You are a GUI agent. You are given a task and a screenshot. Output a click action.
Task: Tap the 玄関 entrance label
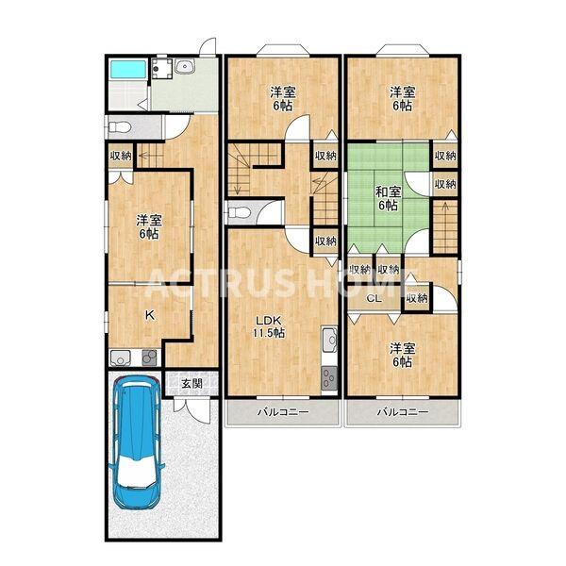191,384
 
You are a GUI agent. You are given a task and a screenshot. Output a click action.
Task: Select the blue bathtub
127,69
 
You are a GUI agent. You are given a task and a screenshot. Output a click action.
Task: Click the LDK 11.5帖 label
268,326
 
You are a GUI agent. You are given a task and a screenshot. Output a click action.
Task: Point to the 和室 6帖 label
388,198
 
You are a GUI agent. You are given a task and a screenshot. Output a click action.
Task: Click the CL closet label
375,299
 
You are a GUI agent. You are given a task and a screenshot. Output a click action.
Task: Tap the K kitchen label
150,315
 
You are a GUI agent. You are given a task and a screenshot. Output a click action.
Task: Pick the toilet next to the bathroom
119,127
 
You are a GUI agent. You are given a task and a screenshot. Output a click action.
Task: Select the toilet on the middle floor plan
239,212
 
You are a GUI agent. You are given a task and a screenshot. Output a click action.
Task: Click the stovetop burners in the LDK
329,378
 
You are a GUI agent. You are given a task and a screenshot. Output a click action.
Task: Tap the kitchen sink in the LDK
329,340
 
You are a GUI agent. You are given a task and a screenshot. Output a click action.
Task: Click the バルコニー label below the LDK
283,411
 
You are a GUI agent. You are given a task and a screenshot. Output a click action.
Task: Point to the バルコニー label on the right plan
403,411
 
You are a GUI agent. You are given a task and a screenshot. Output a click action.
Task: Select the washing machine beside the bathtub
161,68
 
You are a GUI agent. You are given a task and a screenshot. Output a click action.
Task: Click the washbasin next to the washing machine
185,66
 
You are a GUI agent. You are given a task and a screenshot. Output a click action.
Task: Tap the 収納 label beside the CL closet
417,298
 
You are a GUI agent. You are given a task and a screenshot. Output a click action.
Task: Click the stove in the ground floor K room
149,358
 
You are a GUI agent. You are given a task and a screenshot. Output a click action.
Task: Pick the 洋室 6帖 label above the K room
149,227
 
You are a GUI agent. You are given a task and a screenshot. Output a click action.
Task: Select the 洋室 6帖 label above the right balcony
402,356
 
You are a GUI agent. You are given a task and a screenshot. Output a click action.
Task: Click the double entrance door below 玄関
191,409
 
